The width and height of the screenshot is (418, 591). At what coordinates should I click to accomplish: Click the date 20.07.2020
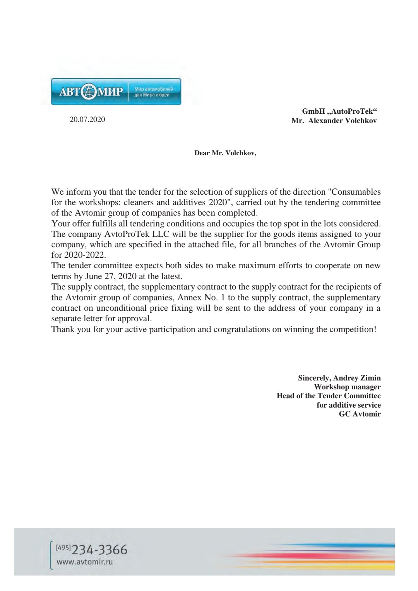(x=87, y=120)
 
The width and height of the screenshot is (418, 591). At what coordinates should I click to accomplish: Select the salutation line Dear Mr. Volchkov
(x=225, y=153)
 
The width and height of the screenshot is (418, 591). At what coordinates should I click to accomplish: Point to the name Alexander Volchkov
(x=342, y=121)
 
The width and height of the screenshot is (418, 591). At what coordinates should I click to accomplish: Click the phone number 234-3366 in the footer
(x=99, y=550)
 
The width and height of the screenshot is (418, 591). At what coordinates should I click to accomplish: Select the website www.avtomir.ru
(x=85, y=562)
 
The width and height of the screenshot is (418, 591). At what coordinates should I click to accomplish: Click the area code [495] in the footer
(x=63, y=548)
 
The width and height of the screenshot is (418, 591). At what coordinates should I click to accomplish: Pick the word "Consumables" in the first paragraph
(x=356, y=192)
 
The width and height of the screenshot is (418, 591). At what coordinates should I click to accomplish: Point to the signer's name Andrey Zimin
(x=356, y=378)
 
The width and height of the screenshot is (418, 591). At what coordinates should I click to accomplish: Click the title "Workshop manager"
(x=347, y=387)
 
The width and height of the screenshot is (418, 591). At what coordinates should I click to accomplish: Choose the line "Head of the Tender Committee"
(x=329, y=396)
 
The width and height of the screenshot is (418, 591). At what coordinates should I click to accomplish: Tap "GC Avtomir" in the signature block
(x=360, y=414)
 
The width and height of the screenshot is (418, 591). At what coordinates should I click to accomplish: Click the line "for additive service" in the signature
(x=348, y=405)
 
